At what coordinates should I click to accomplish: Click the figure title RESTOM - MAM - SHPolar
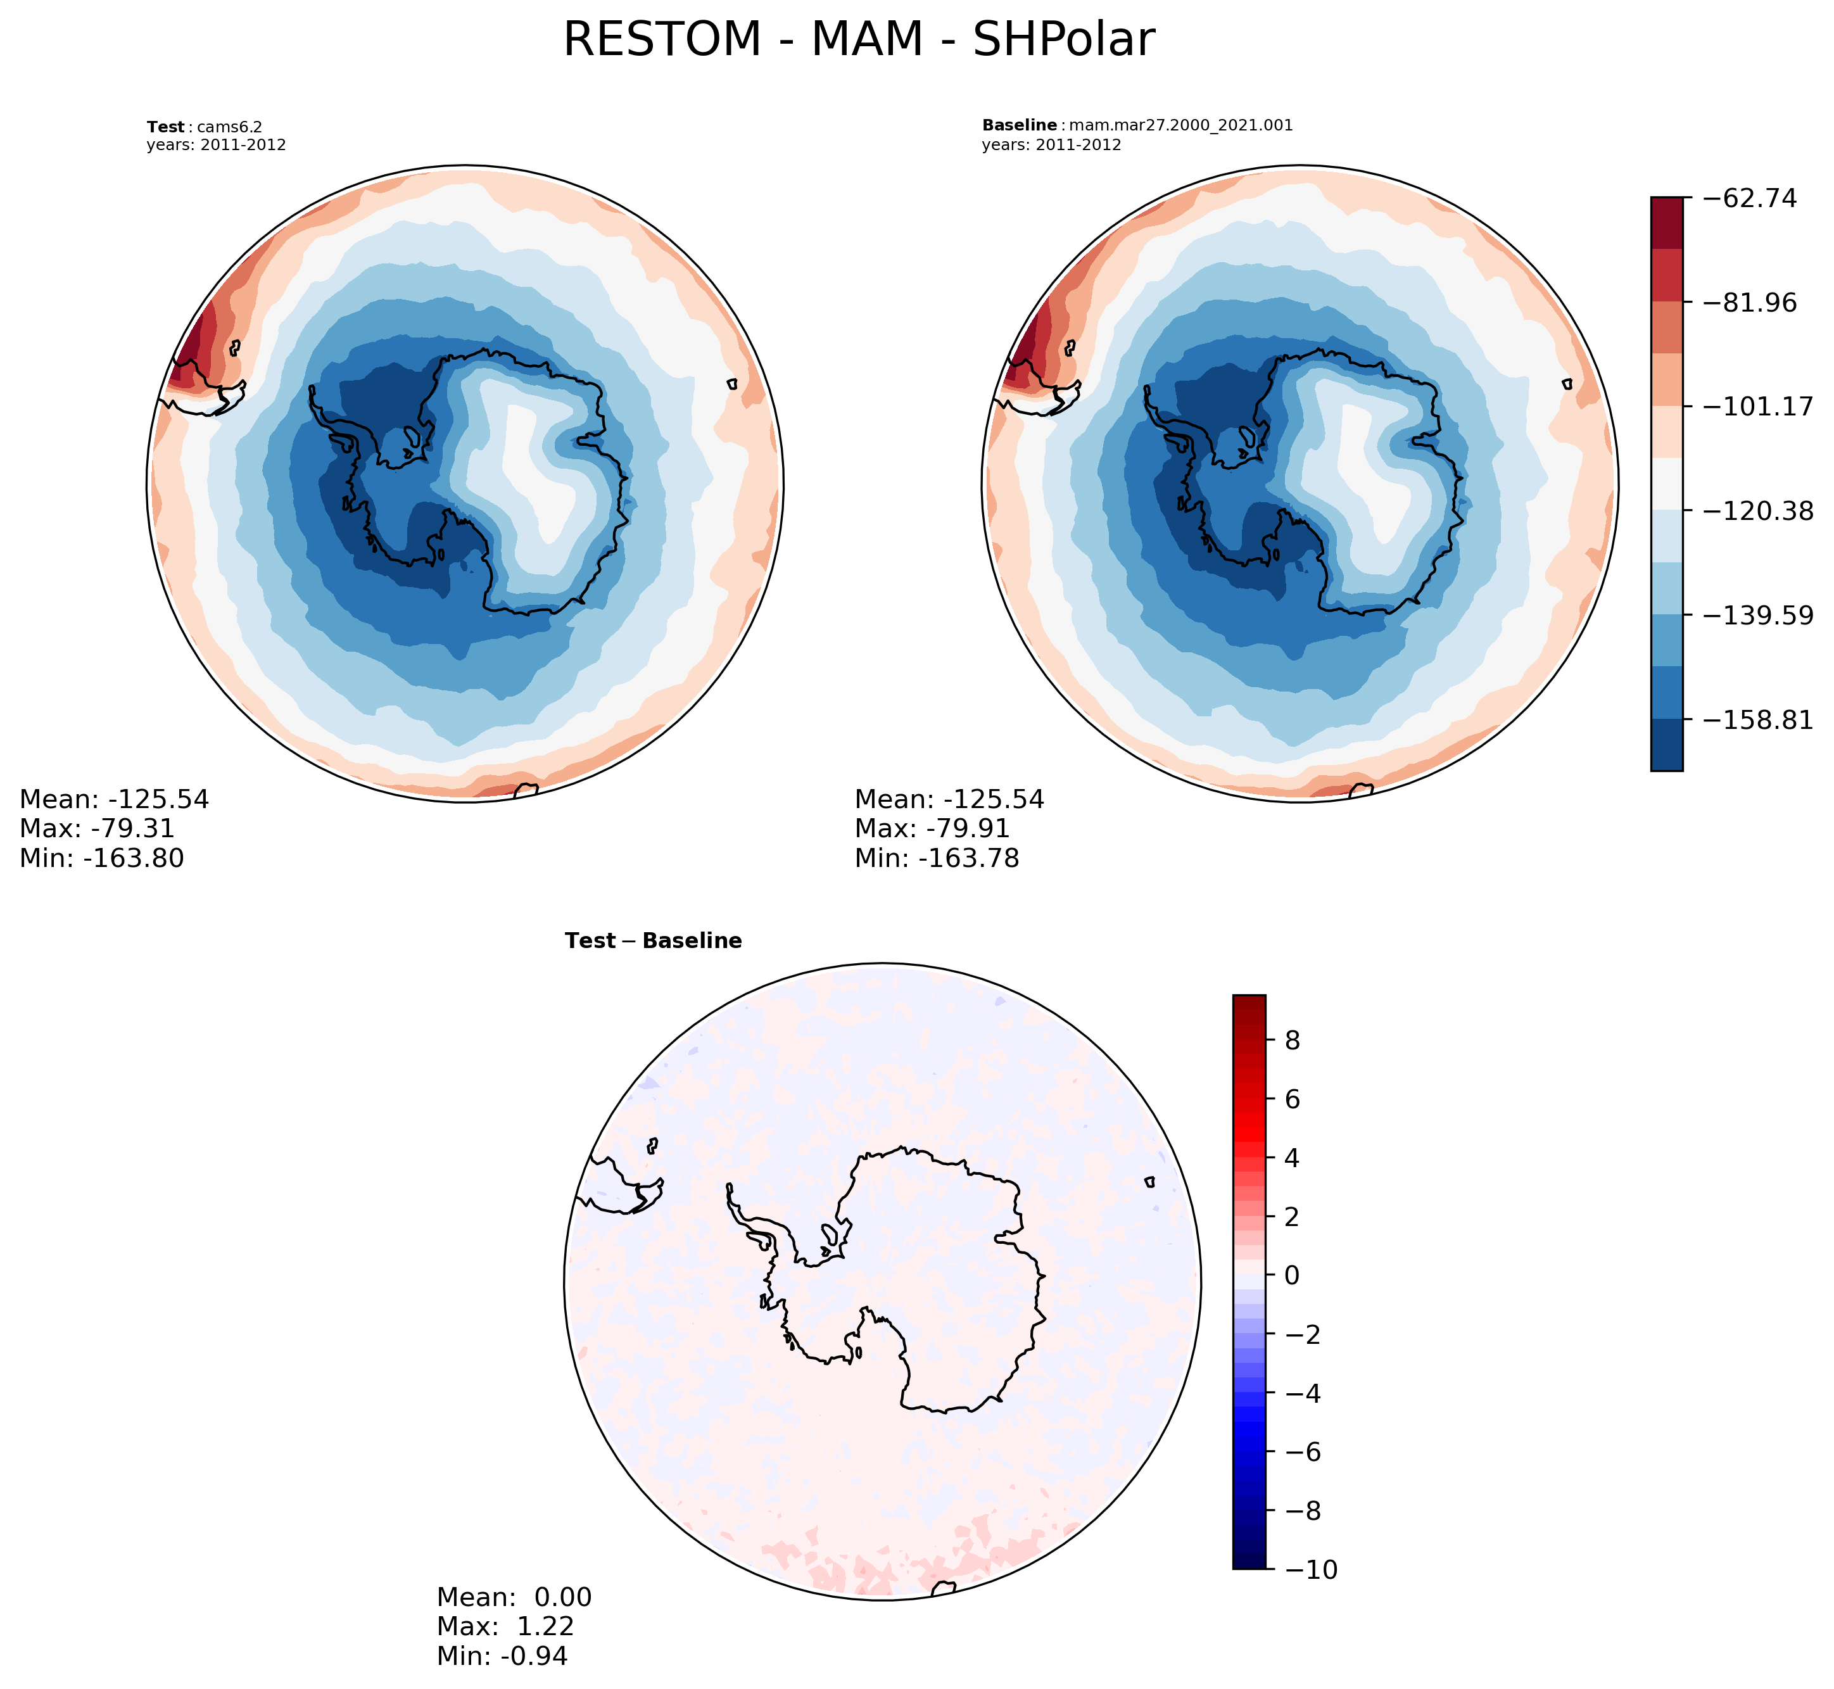coord(858,41)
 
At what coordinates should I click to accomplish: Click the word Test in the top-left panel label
coord(165,127)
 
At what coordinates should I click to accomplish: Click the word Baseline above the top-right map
coord(1019,125)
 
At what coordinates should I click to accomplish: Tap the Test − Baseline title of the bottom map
coord(654,941)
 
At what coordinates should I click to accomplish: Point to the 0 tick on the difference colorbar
coord(1292,1275)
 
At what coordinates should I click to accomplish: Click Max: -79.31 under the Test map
coord(97,829)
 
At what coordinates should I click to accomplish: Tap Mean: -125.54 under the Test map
coord(114,800)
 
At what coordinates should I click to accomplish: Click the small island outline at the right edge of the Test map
coord(732,384)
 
